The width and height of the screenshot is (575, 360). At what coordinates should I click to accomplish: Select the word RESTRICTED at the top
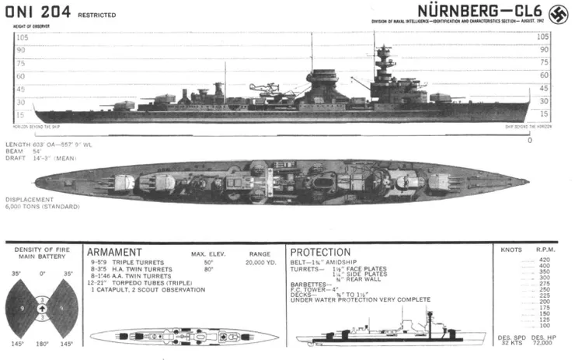click(98, 15)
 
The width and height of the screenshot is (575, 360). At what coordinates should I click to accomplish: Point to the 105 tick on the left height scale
click(22, 37)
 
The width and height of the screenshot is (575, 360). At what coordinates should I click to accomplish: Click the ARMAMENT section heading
click(114, 253)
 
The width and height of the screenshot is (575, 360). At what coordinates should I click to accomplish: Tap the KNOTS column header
click(513, 250)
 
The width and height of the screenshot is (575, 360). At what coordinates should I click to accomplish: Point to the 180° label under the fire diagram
click(43, 343)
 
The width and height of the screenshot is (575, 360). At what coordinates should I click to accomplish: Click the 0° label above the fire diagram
click(43, 274)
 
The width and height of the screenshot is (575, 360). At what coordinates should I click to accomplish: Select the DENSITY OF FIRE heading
click(43, 250)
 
